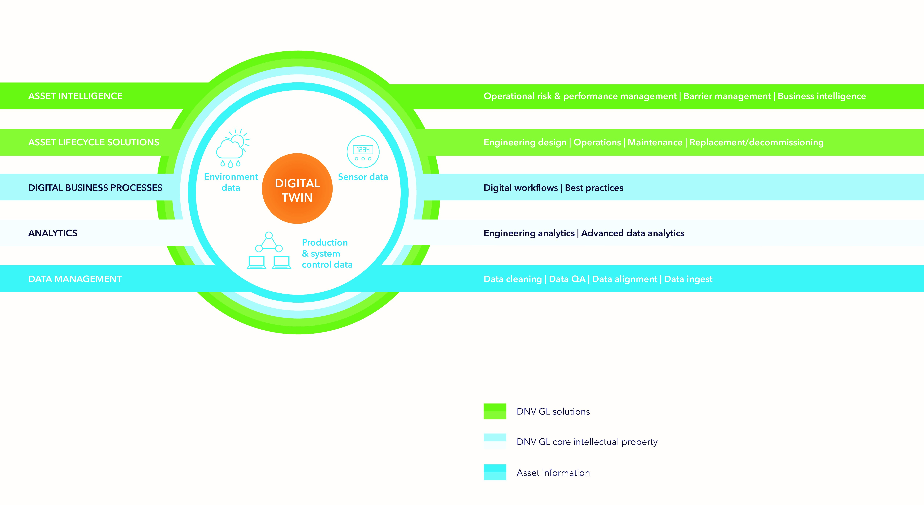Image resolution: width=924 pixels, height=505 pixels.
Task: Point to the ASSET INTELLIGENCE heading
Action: [x=75, y=96]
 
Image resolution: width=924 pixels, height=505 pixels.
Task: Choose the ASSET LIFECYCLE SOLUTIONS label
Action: [x=94, y=142]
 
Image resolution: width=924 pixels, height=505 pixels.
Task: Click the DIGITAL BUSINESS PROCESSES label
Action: [x=95, y=188]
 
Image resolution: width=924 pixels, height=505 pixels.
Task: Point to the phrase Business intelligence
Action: [x=821, y=96]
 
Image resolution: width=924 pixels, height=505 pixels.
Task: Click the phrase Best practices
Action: [x=594, y=188]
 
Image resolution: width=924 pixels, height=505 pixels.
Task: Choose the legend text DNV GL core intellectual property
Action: [x=587, y=442]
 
